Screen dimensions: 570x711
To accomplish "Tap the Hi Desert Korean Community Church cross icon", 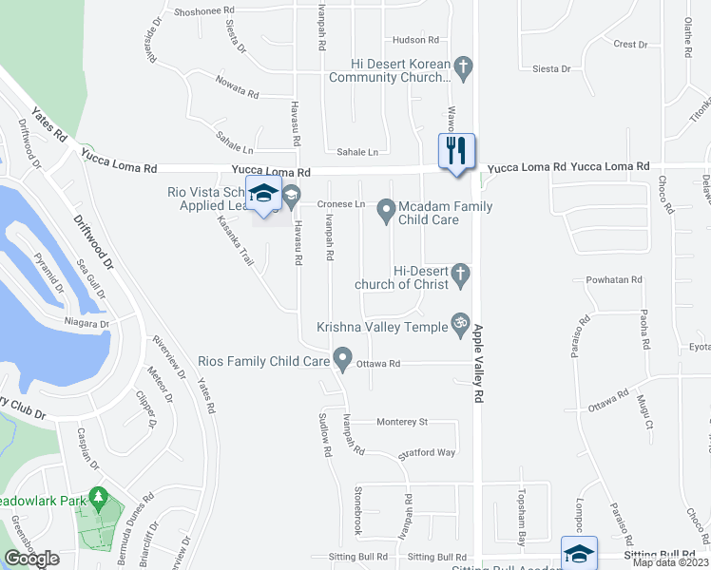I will click(x=463, y=67).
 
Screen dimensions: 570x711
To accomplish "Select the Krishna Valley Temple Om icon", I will click(x=460, y=323).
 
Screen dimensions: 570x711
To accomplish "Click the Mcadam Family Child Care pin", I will click(x=386, y=209).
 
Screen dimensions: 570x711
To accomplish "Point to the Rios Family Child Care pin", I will click(x=342, y=360).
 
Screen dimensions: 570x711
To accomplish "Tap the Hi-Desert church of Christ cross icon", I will click(x=461, y=275).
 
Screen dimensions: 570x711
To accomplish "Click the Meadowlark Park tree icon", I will click(x=97, y=497).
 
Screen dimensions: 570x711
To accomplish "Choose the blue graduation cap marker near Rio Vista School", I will click(x=264, y=195).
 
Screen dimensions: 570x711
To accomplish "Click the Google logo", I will click(x=31, y=559).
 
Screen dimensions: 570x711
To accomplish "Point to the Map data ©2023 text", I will click(x=669, y=562).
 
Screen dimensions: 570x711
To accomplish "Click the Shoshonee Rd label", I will click(x=204, y=12).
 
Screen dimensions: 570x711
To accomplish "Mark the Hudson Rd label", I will click(x=415, y=40).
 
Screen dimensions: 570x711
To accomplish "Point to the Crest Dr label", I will click(x=629, y=45).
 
